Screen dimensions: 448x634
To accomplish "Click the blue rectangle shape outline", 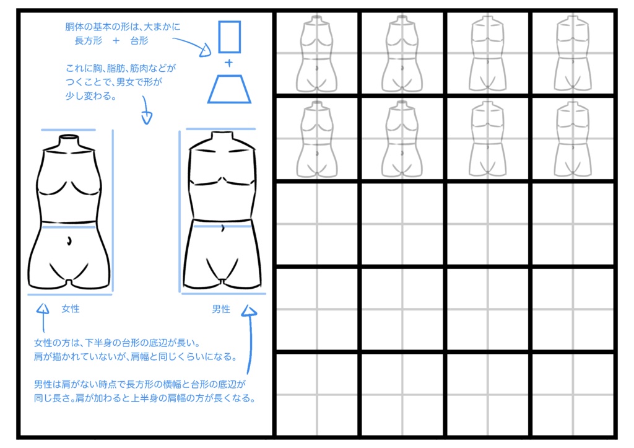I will [x=228, y=37].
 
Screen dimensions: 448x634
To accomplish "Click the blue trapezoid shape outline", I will [x=229, y=89].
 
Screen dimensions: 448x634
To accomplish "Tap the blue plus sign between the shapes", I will [x=228, y=63].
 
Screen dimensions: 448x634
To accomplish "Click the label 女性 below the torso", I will [x=71, y=308].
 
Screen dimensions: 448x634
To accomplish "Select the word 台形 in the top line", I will [x=139, y=40].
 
